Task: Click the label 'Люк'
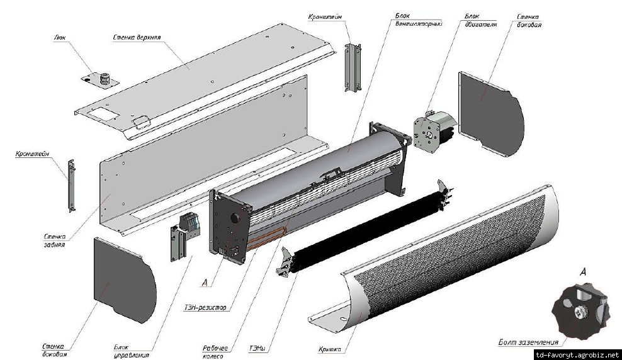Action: pos(60,37)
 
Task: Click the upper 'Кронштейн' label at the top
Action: pos(326,16)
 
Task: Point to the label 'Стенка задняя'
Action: pos(55,240)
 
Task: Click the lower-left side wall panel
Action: pos(122,278)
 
